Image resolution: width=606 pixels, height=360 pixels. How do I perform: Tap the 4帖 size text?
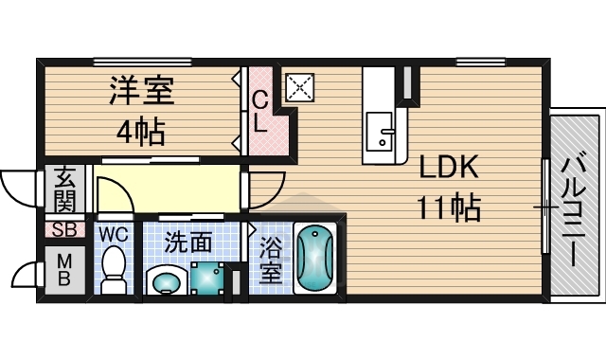(x=141, y=131)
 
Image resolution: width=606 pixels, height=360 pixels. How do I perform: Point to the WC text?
(x=114, y=232)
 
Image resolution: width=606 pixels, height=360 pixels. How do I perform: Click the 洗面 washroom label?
(x=188, y=243)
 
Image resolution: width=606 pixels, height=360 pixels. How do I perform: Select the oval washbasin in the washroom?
(x=168, y=281)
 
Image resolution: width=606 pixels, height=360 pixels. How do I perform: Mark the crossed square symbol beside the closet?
(x=299, y=88)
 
